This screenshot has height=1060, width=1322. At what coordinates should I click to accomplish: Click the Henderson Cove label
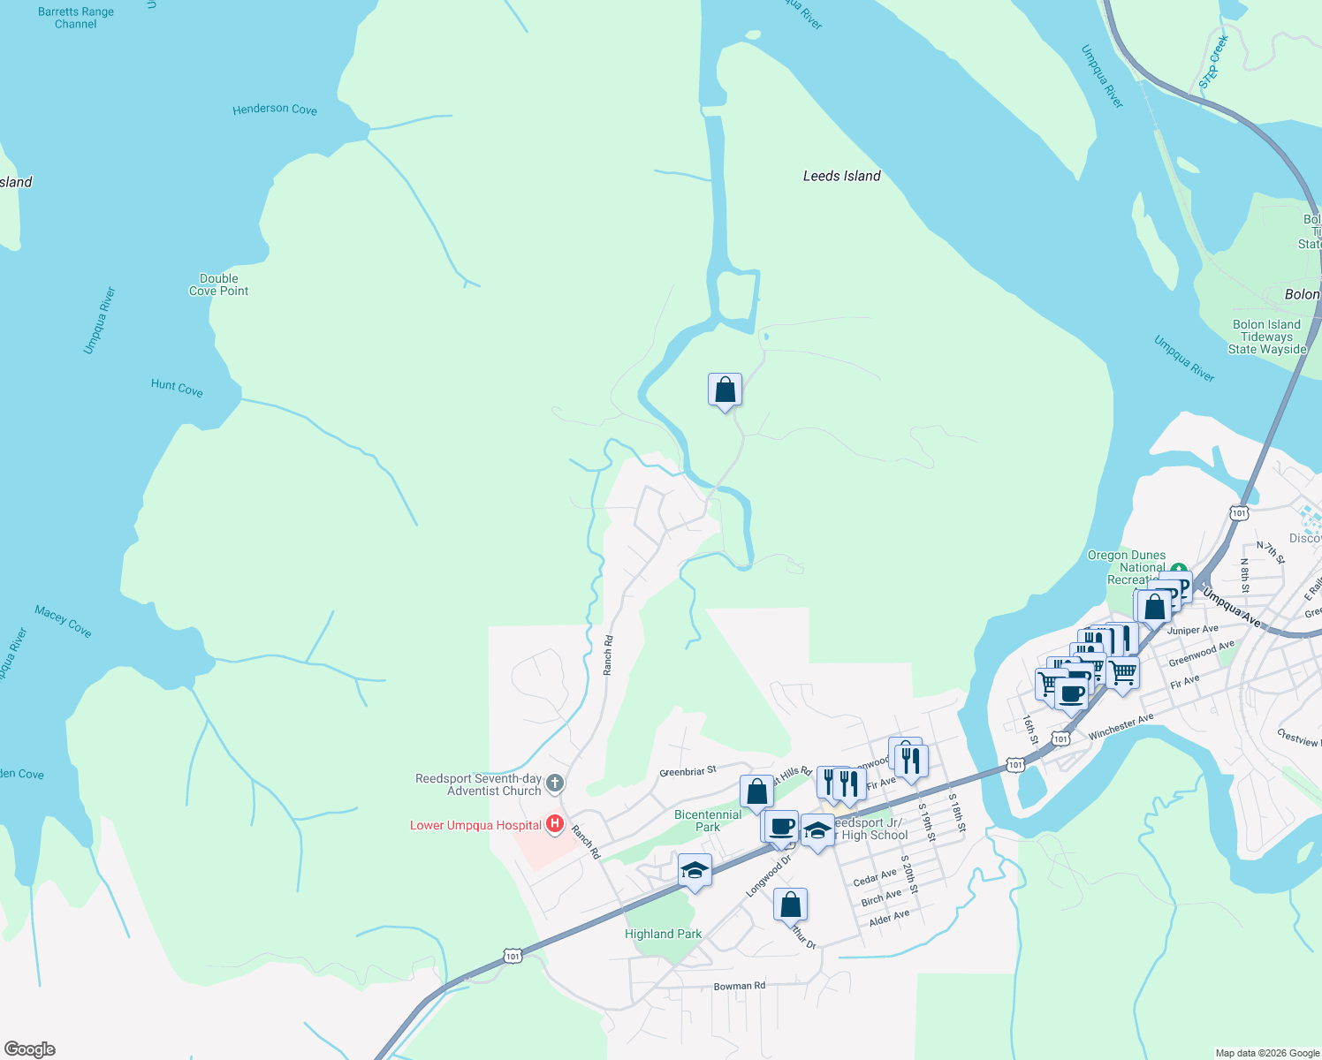(x=275, y=110)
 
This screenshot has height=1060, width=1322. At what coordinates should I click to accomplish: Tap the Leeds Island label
(x=841, y=176)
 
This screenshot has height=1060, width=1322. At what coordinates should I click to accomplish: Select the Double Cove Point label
(x=218, y=284)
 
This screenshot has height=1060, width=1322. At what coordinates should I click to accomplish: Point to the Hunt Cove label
(x=177, y=387)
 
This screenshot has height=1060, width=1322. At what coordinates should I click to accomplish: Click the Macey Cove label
(x=63, y=621)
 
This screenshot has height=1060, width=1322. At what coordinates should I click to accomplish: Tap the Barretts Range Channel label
(x=76, y=18)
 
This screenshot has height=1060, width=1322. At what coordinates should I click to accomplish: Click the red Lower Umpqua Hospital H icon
(x=555, y=824)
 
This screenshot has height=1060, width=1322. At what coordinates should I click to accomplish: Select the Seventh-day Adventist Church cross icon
(x=555, y=783)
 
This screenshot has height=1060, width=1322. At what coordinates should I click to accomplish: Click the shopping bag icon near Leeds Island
(x=725, y=390)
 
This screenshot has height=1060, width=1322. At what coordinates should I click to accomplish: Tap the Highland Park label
(x=663, y=934)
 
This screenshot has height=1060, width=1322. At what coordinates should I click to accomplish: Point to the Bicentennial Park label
(x=708, y=821)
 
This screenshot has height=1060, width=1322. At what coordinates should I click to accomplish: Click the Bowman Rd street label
(x=740, y=986)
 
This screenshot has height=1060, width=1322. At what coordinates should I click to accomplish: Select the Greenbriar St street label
(x=688, y=772)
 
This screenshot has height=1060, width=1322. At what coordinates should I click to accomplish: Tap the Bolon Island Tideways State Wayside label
(x=1266, y=337)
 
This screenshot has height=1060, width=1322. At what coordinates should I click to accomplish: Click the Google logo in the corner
(x=30, y=1049)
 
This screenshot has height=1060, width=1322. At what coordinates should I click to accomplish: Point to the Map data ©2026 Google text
(x=1266, y=1053)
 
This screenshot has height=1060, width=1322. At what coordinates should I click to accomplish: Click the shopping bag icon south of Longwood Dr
(x=791, y=905)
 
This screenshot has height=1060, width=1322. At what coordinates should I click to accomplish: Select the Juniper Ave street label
(x=1192, y=630)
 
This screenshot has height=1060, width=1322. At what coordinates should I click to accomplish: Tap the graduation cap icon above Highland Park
(x=695, y=870)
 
